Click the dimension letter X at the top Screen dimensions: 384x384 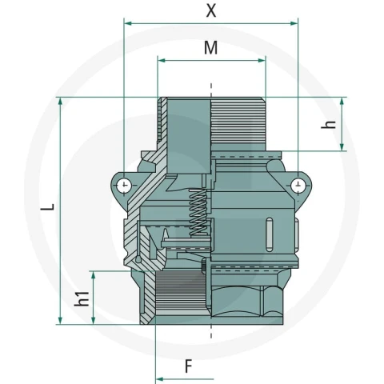pyautogui.click(x=211, y=11)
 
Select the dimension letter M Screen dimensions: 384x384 pyautogui.click(x=210, y=48)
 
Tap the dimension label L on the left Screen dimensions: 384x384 pyautogui.click(x=48, y=207)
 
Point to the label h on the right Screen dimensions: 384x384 pyautogui.click(x=329, y=125)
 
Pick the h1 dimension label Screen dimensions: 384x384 pyautogui.click(x=82, y=298)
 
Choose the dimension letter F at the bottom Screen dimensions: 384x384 pyautogui.click(x=189, y=366)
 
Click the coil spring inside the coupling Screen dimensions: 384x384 pyautogui.click(x=198, y=213)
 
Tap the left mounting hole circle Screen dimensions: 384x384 pyautogui.click(x=124, y=185)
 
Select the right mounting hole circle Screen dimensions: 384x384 pyautogui.click(x=298, y=185)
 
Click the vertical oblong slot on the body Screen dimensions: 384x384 pyautogui.click(x=270, y=234)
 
